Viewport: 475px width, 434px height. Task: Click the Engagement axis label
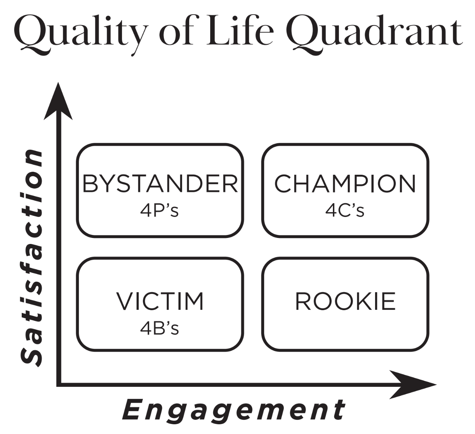233,410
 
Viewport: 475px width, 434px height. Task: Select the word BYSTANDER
160,183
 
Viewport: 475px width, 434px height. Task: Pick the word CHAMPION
345,183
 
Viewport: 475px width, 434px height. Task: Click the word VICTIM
160,301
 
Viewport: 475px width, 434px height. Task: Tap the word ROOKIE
345,301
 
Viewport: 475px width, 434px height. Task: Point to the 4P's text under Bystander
159,211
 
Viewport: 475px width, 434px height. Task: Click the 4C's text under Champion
344,211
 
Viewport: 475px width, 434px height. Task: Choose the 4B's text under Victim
159,328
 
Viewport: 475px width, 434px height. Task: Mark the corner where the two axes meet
59,384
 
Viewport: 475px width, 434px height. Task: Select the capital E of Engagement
133,410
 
